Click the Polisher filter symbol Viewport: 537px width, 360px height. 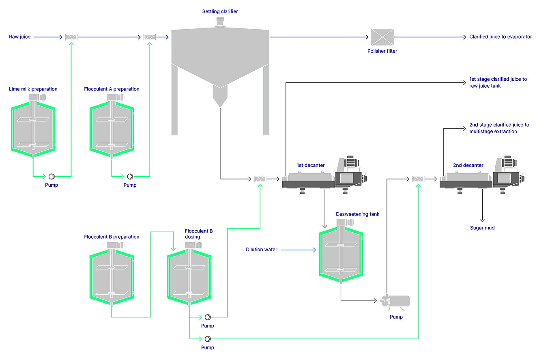tap(382, 37)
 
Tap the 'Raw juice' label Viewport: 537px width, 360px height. tap(19, 37)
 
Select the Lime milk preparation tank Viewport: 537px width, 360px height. tap(33, 126)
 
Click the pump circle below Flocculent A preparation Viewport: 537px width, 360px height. tap(130, 177)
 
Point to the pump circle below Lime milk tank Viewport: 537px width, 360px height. tap(52, 177)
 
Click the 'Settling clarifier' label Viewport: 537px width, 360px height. tap(220, 11)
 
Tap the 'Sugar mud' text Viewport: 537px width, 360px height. tap(482, 228)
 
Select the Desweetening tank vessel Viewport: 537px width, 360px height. tap(341, 252)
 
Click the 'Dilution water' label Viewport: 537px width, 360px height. tap(261, 250)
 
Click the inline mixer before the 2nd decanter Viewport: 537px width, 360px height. tap(418, 179)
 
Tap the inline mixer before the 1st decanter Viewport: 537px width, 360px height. tap(260, 179)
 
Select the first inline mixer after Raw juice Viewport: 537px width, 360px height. tap(71, 37)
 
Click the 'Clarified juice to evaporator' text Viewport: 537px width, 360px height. tap(500, 37)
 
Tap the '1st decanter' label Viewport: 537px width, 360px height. tap(310, 165)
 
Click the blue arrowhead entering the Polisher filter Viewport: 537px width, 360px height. tap(367, 37)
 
